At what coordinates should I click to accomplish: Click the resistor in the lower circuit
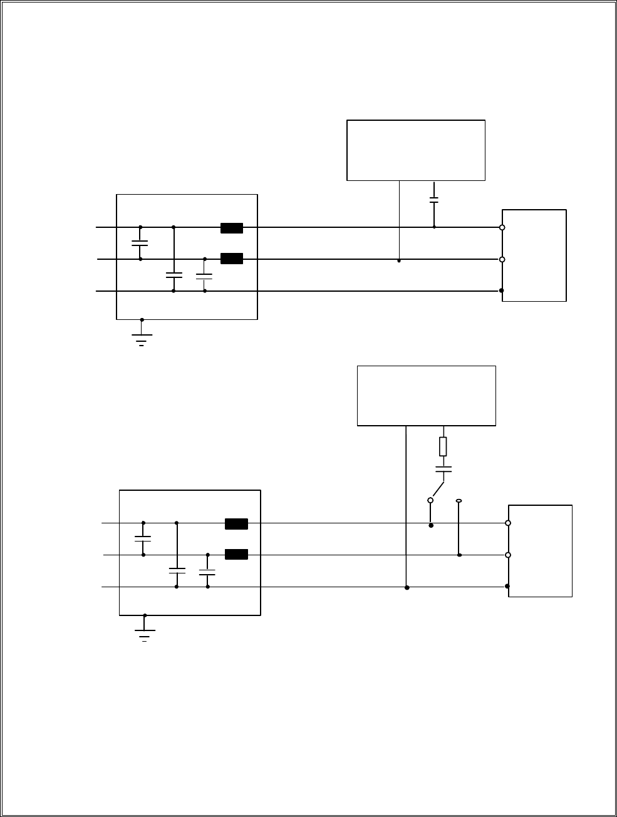443,446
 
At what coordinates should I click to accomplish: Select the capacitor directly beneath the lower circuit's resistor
443,469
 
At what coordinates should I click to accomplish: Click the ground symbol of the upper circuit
142,339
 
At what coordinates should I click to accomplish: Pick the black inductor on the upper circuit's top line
232,228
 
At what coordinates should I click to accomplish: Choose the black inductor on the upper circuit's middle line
232,258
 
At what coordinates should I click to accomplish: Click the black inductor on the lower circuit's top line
236,524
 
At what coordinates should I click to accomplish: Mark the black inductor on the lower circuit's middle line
236,554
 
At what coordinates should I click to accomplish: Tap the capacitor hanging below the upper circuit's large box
434,200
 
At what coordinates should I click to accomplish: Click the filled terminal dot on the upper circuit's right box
502,290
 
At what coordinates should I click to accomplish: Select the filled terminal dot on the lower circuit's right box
507,587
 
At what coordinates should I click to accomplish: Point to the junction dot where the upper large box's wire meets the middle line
399,260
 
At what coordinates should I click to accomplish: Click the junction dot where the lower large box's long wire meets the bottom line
407,587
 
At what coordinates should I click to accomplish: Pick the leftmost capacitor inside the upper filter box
140,242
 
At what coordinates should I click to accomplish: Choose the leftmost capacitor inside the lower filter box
143,538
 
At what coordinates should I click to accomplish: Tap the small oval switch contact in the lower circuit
459,501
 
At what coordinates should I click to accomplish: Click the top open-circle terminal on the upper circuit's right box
502,228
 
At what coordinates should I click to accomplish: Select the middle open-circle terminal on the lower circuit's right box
508,555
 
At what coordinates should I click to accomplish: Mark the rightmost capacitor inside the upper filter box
204,275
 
